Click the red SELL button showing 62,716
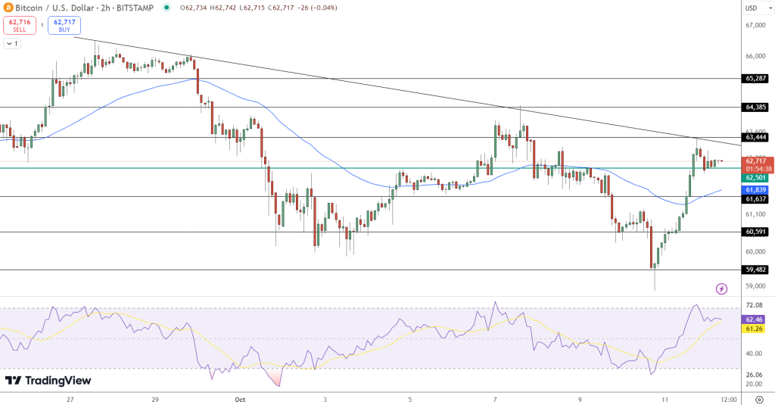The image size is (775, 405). (19, 25)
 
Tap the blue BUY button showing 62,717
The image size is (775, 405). (64, 25)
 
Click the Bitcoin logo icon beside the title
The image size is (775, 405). (8, 8)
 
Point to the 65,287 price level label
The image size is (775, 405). (757, 78)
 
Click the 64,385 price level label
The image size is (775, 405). (757, 107)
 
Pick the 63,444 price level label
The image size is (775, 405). (757, 137)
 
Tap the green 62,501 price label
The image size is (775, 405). (757, 178)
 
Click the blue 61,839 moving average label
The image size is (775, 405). (757, 188)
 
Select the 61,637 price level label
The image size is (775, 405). (757, 198)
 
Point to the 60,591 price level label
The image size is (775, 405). (757, 232)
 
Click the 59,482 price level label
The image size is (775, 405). (757, 269)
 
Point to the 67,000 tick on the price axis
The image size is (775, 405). (757, 26)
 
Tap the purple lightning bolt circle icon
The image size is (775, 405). (721, 288)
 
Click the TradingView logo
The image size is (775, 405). (48, 381)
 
